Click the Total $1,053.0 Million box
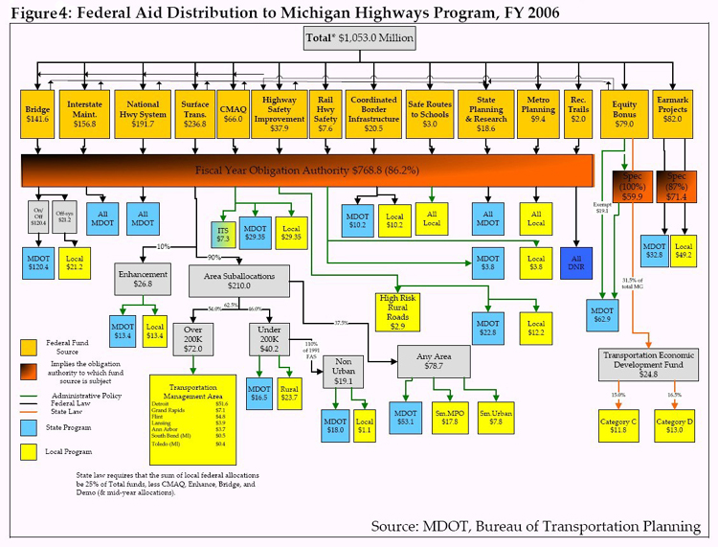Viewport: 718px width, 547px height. click(359, 39)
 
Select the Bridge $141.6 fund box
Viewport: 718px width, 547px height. click(38, 115)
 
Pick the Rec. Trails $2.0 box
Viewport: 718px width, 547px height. click(578, 115)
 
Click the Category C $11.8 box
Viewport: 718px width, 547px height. click(612, 424)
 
